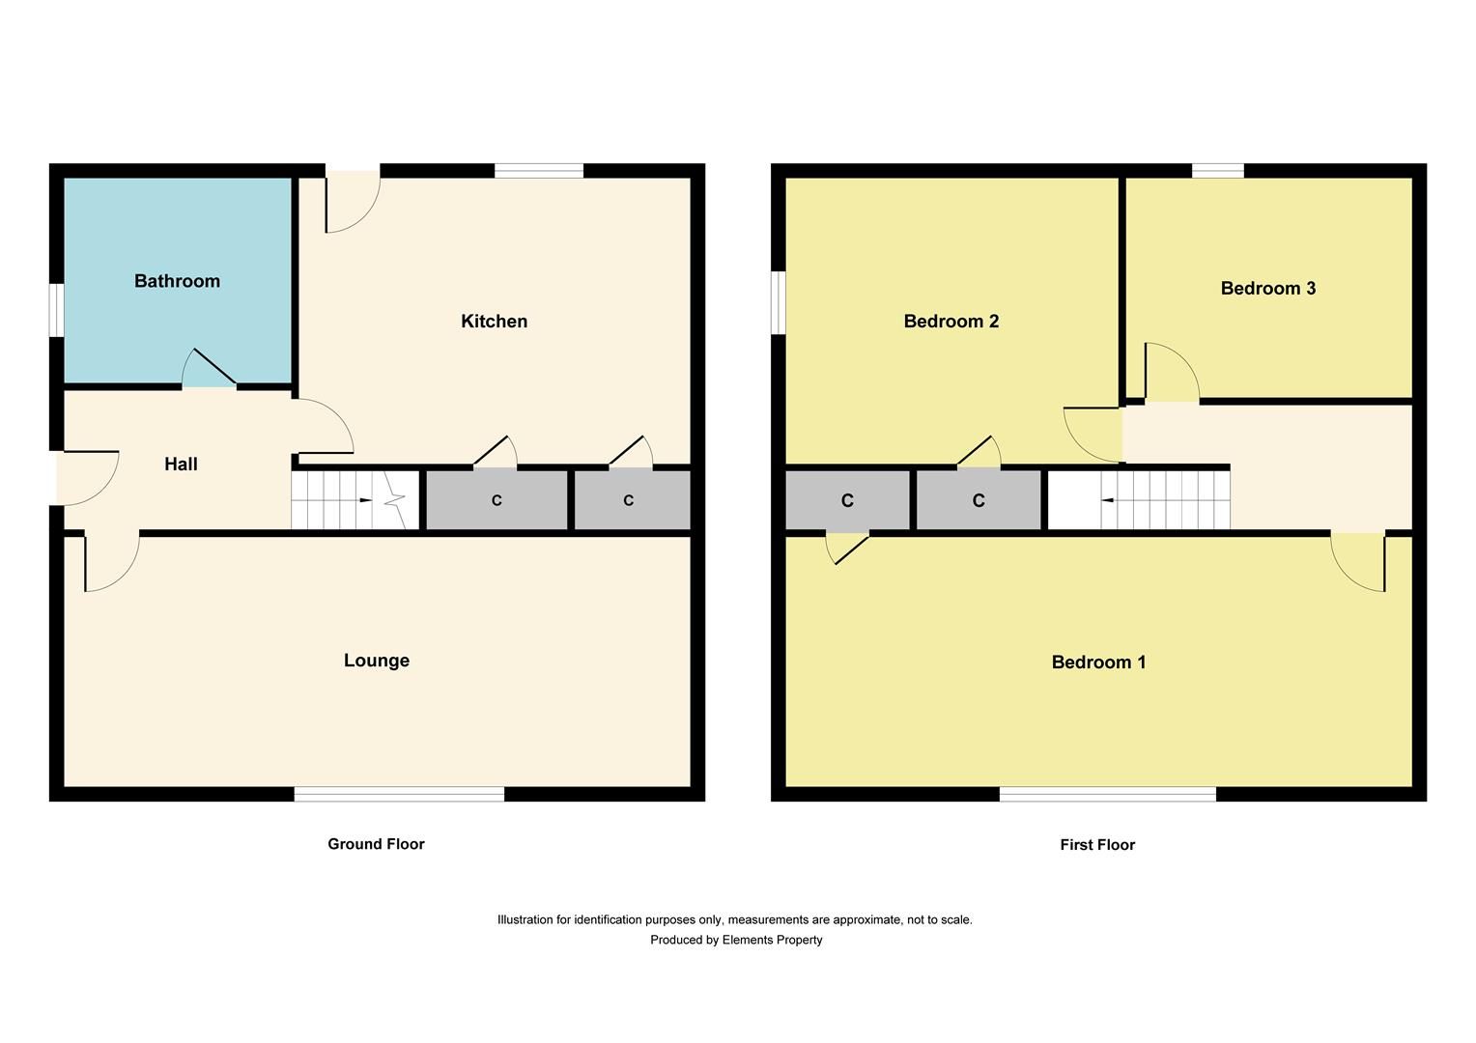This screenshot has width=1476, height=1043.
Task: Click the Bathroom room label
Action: click(x=177, y=281)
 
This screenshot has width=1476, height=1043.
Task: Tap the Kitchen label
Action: click(x=494, y=321)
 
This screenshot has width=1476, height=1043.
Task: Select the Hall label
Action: click(x=181, y=465)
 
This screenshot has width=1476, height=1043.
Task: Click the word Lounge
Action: click(x=377, y=661)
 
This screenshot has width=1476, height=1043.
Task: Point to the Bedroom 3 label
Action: click(x=1267, y=288)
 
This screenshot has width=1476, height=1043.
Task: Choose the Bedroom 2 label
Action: click(x=951, y=321)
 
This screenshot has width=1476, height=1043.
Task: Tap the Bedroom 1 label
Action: click(x=1098, y=662)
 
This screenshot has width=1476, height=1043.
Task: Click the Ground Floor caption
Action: click(x=376, y=844)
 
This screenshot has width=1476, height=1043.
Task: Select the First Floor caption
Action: click(x=1097, y=845)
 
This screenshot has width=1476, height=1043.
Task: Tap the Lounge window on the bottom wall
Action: click(x=399, y=794)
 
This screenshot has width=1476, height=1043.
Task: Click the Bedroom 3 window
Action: click(x=1217, y=171)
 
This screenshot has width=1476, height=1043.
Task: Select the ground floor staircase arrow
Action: click(x=364, y=500)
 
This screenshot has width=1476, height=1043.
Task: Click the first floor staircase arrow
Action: click(x=1109, y=500)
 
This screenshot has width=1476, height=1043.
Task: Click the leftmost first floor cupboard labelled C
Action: click(x=847, y=500)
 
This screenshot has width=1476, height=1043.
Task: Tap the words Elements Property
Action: click(x=772, y=940)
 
